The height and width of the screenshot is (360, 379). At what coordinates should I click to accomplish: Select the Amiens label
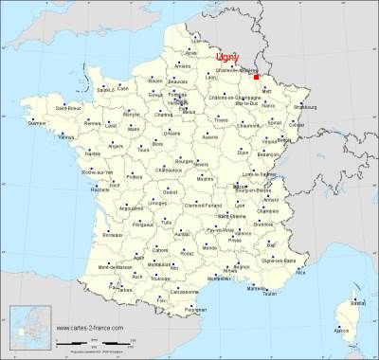(x=183, y=66)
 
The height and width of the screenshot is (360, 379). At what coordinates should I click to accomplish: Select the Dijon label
(x=244, y=152)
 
